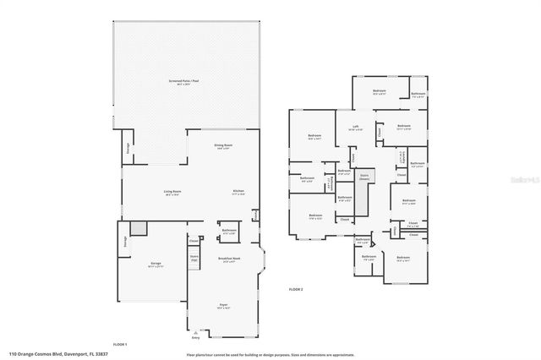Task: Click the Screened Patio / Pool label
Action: click(178, 83)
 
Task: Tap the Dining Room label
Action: click(222, 145)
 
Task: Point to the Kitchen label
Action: click(238, 192)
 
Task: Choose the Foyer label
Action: click(224, 305)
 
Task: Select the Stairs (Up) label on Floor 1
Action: click(194, 259)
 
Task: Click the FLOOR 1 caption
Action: click(120, 344)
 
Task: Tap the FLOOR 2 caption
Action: click(296, 290)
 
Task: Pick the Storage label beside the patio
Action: click(128, 150)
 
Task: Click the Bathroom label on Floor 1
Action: click(229, 231)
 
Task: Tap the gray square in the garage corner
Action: click(139, 229)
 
